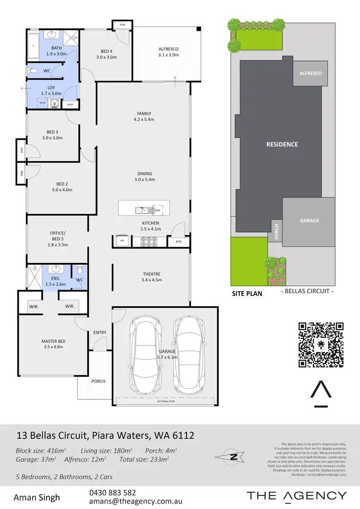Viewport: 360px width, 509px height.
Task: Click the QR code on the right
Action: (x=321, y=344)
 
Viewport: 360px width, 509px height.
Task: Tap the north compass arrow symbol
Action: (x=234, y=457)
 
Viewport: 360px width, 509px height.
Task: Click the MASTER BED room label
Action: (x=53, y=344)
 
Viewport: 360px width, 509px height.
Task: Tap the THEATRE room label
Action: (x=151, y=276)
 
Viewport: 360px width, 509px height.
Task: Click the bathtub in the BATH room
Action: (x=33, y=47)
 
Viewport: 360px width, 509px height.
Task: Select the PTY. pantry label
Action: (x=179, y=242)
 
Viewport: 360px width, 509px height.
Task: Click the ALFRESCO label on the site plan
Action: (x=311, y=73)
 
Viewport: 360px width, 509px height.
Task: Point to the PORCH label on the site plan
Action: (x=276, y=232)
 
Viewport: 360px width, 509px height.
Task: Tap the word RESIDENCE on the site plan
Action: (x=282, y=144)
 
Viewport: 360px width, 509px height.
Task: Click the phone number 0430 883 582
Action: (x=112, y=493)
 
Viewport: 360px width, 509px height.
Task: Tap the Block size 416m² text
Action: (x=41, y=451)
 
